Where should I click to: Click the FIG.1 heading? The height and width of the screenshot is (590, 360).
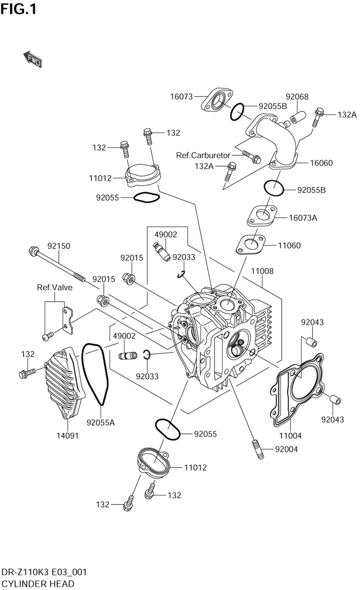tap(18, 9)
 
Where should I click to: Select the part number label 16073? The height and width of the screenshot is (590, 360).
tap(181, 97)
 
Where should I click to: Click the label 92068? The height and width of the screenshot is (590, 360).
tap(297, 97)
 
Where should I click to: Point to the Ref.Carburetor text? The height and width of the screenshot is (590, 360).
tap(203, 155)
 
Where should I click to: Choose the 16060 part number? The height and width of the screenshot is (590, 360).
tap(321, 163)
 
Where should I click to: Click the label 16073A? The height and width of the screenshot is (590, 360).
tap(303, 218)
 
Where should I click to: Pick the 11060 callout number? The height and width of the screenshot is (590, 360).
tap(289, 245)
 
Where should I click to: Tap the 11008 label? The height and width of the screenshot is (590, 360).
tap(262, 271)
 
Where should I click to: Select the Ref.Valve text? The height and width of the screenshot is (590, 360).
tap(55, 287)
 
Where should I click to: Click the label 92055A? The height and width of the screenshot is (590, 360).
tap(100, 423)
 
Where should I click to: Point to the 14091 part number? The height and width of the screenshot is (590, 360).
tap(67, 435)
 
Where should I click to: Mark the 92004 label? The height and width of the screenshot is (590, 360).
tap(286, 449)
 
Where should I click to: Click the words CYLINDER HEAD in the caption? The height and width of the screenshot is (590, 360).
tap(38, 584)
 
